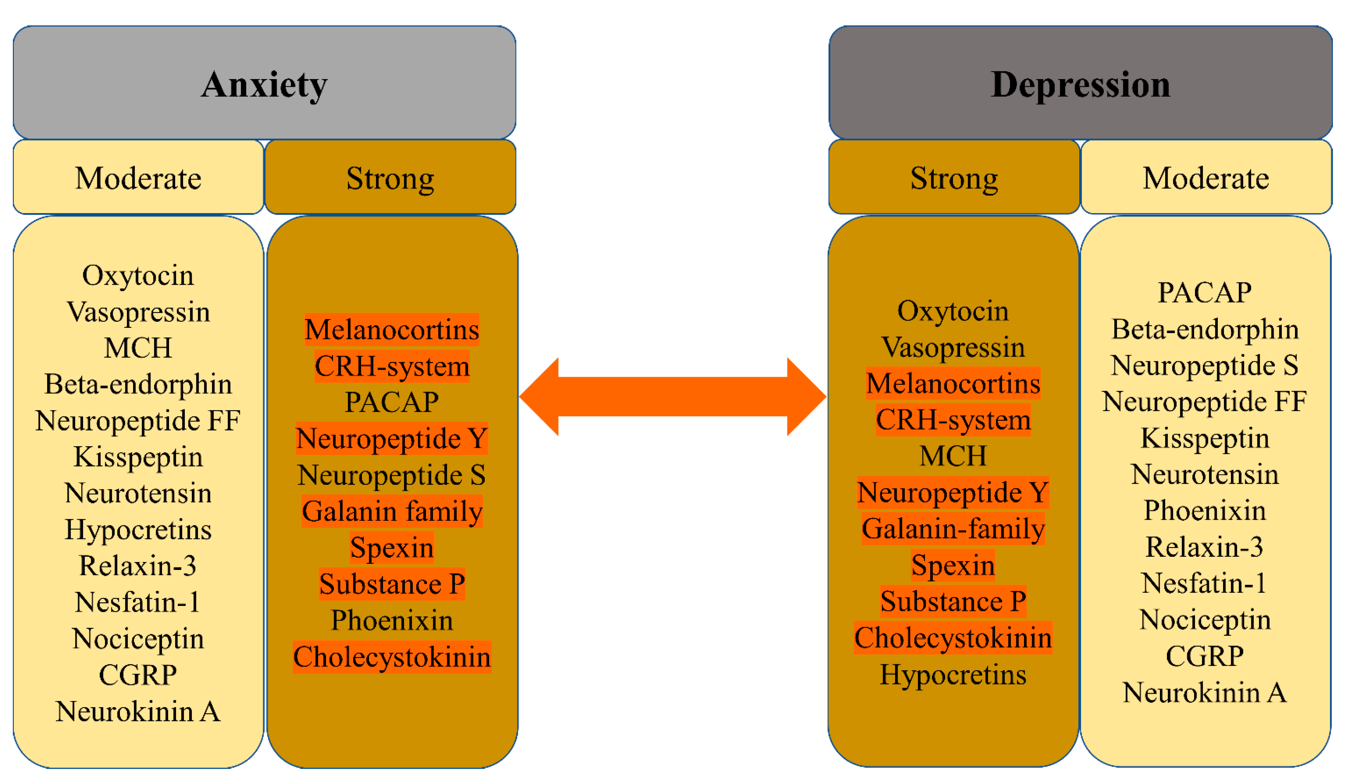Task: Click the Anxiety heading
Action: (264, 85)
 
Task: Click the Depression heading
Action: (1080, 85)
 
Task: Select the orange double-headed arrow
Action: (672, 396)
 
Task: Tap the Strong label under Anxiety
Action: (390, 178)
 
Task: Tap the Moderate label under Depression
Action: (1205, 178)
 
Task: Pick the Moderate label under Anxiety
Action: (138, 178)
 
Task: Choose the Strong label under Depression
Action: (954, 178)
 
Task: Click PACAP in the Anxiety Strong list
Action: (391, 402)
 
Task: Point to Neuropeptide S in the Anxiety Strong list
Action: (391, 475)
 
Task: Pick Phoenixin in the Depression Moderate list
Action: (1205, 510)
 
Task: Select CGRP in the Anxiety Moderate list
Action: (138, 675)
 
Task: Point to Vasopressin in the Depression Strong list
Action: (953, 347)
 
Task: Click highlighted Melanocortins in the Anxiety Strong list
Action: (391, 329)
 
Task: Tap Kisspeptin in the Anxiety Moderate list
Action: (138, 457)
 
